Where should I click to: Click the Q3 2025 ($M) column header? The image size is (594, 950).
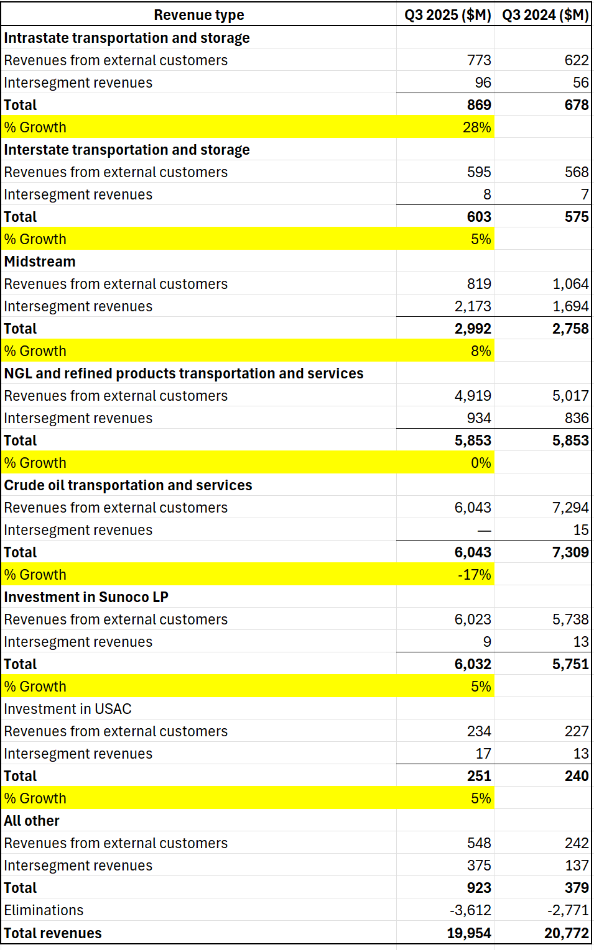(x=447, y=15)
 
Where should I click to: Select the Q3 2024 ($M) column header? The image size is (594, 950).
(x=545, y=15)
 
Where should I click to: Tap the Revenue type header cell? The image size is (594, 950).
(x=199, y=15)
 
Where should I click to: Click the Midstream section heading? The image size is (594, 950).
(x=40, y=262)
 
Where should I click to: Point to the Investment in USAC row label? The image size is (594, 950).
(x=68, y=709)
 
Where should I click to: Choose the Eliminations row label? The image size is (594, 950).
(x=44, y=910)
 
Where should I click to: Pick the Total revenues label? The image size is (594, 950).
(x=53, y=933)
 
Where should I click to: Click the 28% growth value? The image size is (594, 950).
(x=476, y=127)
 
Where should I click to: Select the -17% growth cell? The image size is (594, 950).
(x=474, y=575)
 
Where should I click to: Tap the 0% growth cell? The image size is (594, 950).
(x=480, y=463)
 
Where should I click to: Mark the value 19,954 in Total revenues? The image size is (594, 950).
(x=469, y=933)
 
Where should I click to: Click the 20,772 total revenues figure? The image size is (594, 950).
(x=566, y=933)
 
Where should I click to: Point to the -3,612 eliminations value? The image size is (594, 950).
(x=470, y=910)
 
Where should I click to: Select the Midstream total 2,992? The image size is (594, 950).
(x=473, y=329)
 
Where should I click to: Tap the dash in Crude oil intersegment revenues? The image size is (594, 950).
(x=484, y=531)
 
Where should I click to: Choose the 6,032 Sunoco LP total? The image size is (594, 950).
(x=473, y=664)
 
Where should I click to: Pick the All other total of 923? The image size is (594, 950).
(x=479, y=888)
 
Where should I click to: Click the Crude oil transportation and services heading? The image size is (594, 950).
(x=128, y=485)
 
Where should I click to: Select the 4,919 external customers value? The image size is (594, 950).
(x=473, y=396)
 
